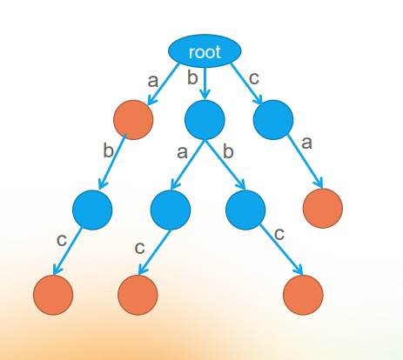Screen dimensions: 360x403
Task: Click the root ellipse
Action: (x=205, y=52)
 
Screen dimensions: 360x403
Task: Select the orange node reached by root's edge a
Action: (x=133, y=120)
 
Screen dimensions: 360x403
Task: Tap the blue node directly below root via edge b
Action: (x=205, y=120)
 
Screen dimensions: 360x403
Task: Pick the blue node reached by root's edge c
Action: (x=273, y=120)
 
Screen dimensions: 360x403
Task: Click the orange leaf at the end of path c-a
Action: (x=323, y=208)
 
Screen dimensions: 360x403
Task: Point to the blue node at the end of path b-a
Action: (x=171, y=209)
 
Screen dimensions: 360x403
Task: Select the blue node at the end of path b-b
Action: (x=245, y=209)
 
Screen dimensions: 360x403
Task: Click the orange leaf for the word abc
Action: (x=53, y=294)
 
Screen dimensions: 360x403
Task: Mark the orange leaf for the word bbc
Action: (x=304, y=294)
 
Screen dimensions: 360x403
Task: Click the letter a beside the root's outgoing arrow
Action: (x=153, y=81)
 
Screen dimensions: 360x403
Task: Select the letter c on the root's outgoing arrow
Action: (x=254, y=78)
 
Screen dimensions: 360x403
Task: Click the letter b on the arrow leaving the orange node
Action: (x=108, y=151)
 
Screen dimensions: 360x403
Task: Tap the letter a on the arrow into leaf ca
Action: (x=306, y=141)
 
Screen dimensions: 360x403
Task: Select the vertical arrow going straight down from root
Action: (x=205, y=83)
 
